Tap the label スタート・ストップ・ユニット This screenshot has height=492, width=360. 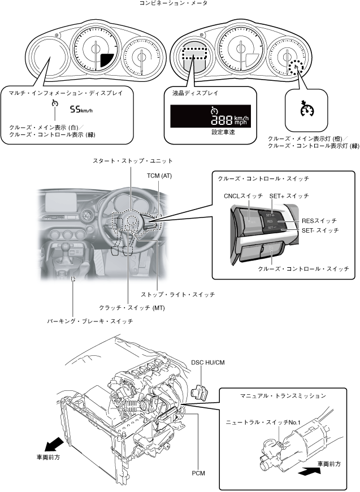tap(132, 161)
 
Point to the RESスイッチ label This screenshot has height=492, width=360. tap(319, 221)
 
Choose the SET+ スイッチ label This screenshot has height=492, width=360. tap(289, 195)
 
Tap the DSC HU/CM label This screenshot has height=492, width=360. tap(207, 362)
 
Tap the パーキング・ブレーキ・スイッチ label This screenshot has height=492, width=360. tap(90, 321)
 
